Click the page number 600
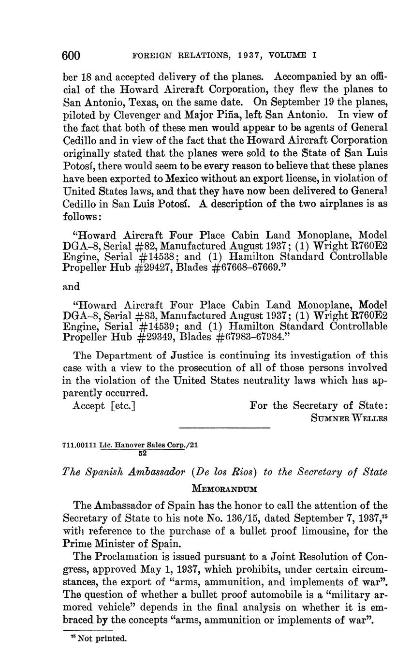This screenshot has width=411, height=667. point(71,56)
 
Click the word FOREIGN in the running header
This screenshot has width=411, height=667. point(150,56)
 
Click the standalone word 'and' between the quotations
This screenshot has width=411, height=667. point(72,287)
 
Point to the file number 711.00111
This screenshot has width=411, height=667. point(79,445)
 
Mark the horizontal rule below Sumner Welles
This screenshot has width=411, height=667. point(224,428)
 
